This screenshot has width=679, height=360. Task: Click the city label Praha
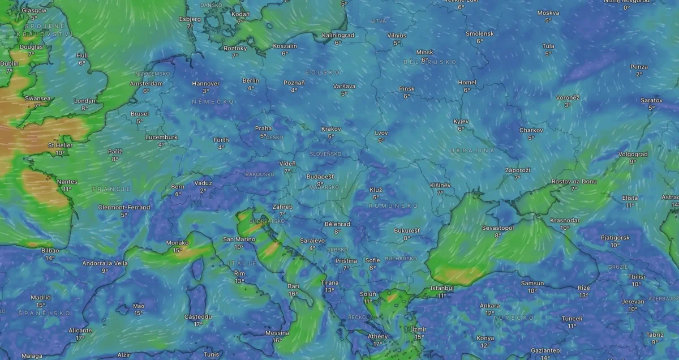click(263, 128)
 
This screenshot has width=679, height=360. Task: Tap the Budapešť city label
click(320, 177)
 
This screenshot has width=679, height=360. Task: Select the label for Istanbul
click(442, 288)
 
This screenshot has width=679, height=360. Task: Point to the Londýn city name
click(84, 101)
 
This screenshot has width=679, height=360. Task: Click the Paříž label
click(115, 152)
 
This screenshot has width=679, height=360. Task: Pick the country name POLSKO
click(323, 72)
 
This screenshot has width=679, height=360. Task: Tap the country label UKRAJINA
click(472, 151)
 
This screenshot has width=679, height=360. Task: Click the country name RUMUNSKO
click(393, 205)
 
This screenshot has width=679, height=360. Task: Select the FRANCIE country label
click(111, 189)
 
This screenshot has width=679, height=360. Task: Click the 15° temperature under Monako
click(177, 250)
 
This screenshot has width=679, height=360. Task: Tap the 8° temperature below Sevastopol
click(497, 235)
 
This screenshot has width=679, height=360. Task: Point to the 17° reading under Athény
click(377, 344)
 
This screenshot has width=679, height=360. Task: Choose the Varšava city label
click(344, 86)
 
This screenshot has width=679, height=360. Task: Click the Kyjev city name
click(461, 122)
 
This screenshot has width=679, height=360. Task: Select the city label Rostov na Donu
click(574, 182)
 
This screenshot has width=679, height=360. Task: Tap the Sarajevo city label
click(312, 241)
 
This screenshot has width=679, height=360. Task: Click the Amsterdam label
click(146, 83)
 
